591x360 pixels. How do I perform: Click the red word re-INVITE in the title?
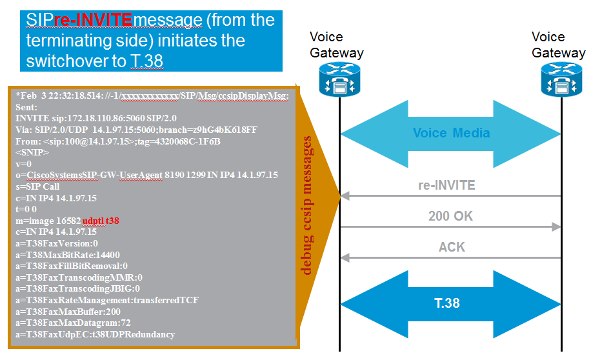point(93,20)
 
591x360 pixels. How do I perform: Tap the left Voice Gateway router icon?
point(339,79)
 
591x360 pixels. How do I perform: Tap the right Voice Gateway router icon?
point(561,79)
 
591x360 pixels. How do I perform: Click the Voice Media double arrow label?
point(451,134)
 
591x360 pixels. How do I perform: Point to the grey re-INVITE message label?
point(446,186)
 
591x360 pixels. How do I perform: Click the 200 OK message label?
point(450,216)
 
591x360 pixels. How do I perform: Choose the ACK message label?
point(452,247)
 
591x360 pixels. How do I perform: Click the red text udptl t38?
point(101,221)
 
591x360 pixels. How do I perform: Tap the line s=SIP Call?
point(38,186)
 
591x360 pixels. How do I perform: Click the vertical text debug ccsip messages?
point(308,206)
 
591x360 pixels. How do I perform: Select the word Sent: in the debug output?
point(27,107)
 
